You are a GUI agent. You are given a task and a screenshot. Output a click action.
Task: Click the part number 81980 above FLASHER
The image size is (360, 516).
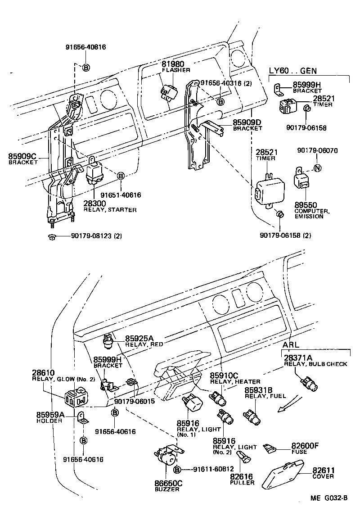coord(173,64)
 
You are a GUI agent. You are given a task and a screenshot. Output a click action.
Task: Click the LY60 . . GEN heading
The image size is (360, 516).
coord(293,70)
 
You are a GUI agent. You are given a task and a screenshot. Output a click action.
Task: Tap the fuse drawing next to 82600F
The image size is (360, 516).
coord(270,448)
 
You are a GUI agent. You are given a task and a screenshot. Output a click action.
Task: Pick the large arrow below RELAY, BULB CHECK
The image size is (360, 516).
coord(288,403)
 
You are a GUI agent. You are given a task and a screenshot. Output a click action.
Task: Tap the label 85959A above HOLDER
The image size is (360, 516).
coord(50,415)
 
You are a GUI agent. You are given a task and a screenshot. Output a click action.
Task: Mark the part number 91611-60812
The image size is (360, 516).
coord(214,469)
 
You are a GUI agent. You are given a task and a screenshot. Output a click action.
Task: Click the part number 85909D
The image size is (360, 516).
coord(247,122)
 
